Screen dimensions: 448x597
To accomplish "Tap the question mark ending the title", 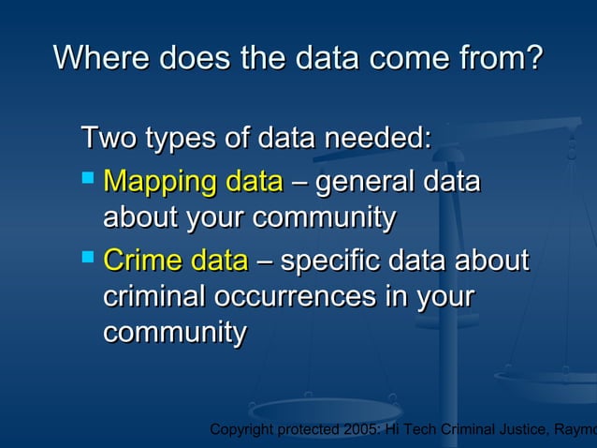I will tap(532, 59).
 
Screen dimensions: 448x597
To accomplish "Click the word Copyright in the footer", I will tap(242, 429).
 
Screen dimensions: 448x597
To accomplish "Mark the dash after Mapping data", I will tap(298, 181).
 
